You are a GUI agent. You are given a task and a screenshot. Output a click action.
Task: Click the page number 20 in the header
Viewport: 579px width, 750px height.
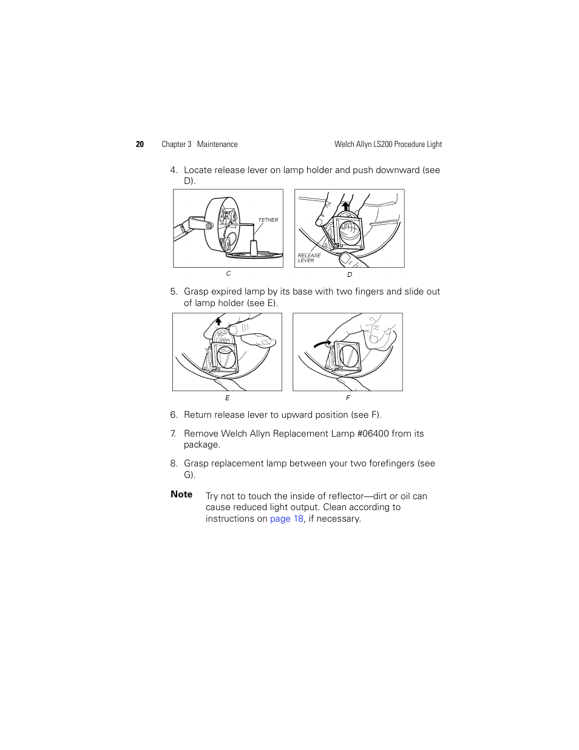(x=140, y=145)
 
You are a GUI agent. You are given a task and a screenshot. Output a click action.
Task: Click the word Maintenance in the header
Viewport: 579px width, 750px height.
(x=217, y=145)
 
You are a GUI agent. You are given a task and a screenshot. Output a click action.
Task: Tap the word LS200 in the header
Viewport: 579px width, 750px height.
(x=383, y=145)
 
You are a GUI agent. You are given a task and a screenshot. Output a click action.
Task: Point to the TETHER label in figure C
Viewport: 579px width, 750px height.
(x=268, y=220)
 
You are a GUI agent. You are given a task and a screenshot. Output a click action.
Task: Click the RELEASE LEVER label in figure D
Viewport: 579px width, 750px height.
(x=309, y=258)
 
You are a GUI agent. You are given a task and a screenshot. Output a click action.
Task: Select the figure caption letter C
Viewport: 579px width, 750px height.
(x=228, y=274)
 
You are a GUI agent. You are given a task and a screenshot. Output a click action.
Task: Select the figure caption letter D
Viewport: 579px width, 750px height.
(x=350, y=275)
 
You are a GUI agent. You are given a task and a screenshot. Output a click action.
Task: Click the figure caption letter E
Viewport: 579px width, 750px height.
(x=228, y=398)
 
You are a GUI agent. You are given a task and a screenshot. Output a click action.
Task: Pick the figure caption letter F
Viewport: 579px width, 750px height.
(x=348, y=398)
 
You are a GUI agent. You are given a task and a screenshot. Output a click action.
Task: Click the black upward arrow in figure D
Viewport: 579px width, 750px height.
(x=345, y=206)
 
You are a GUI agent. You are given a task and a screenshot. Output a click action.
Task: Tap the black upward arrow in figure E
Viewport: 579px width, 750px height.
(x=218, y=321)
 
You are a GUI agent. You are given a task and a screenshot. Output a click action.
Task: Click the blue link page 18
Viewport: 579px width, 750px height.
(x=286, y=519)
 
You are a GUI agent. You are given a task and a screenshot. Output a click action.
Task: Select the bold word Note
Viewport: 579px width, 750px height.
(x=181, y=494)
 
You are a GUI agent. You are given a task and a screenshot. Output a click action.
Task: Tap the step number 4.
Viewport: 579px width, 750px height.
(x=174, y=171)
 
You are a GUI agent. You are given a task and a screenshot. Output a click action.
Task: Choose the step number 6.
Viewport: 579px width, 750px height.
(x=174, y=415)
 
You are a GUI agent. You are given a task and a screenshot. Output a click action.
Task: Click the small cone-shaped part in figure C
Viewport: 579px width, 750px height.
(x=254, y=246)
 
